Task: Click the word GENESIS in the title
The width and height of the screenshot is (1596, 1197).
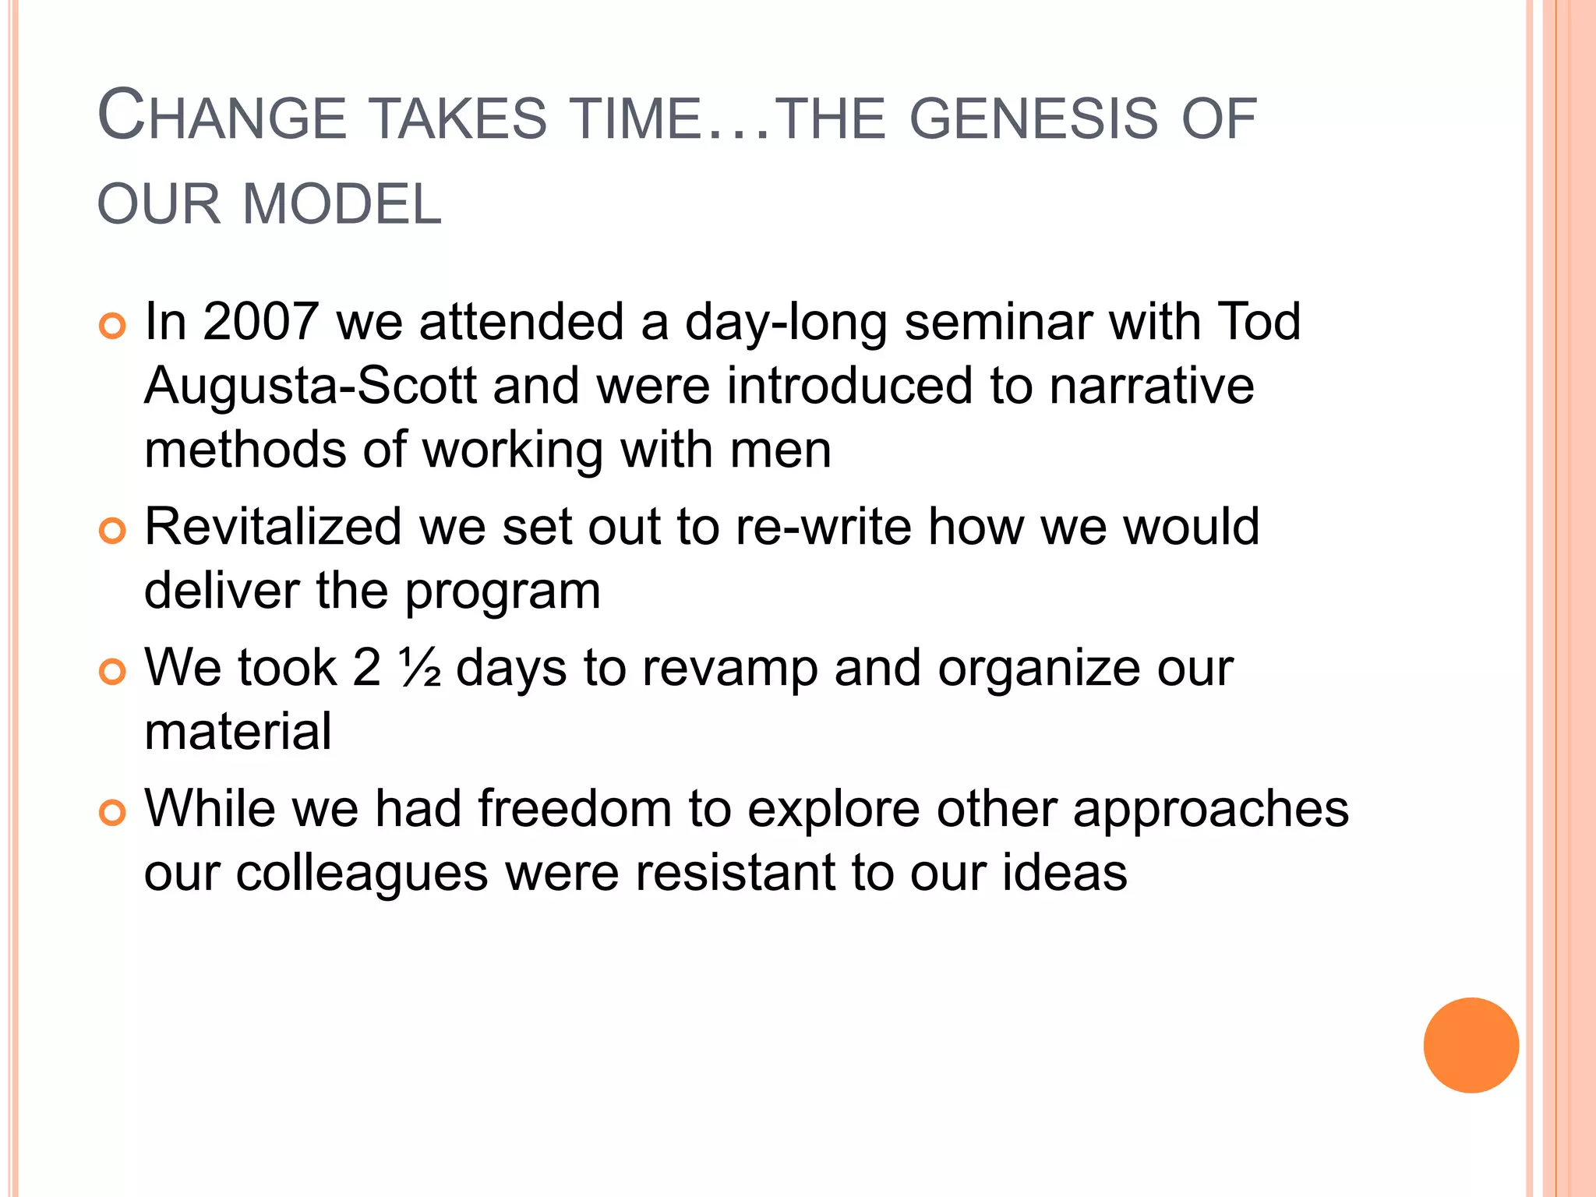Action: (1034, 119)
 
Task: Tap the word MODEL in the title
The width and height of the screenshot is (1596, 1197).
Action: (342, 205)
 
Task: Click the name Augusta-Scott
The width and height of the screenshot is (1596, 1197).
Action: (310, 386)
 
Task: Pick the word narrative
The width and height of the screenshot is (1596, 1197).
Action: (1152, 386)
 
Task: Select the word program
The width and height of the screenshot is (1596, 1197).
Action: (503, 591)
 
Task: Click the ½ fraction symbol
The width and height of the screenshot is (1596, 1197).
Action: (420, 668)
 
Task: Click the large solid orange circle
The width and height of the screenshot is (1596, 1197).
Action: (1471, 1045)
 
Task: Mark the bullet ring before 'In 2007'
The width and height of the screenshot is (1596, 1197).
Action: (113, 327)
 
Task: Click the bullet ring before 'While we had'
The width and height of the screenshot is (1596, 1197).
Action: (113, 814)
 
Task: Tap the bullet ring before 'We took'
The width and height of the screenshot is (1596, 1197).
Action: (113, 673)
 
